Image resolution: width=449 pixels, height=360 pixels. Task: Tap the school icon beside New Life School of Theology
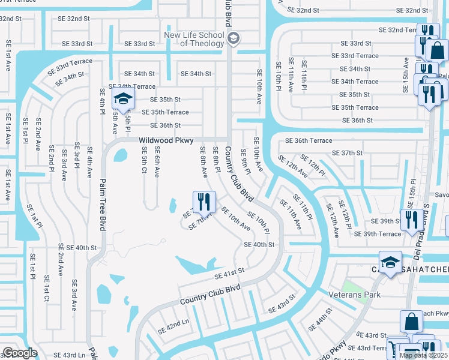pos(234,40)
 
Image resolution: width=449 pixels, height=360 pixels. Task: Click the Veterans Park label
pos(355,295)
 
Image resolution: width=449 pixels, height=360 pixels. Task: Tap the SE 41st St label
pos(229,274)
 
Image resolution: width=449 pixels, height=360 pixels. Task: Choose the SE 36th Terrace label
pos(309,140)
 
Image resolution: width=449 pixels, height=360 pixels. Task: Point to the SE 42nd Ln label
pos(173,327)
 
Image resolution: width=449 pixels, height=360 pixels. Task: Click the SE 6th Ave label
pos(157,162)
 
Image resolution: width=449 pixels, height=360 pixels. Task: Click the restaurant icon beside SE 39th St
pos(411,218)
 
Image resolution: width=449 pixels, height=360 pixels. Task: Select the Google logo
pos(20,353)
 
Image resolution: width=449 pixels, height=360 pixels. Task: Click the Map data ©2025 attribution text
pos(423,355)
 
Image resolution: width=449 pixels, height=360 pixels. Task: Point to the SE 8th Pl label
pos(217,161)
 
